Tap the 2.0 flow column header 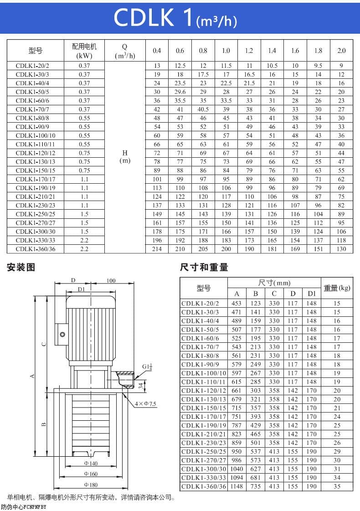pyautogui.click(x=341, y=51)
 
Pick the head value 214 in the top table pyautogui.click(x=157, y=249)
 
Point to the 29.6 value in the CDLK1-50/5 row pyautogui.click(x=180, y=92)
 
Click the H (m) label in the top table pyautogui.click(x=125, y=157)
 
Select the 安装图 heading pyautogui.click(x=21, y=268)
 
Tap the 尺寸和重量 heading pyautogui.click(x=204, y=268)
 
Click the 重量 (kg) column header pyautogui.click(x=337, y=288)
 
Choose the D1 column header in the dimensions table pyautogui.click(x=311, y=293)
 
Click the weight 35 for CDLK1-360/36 pyautogui.click(x=337, y=486)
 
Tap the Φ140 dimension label pyautogui.click(x=91, y=463)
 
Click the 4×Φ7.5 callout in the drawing pyautogui.click(x=145, y=404)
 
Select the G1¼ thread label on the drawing pyautogui.click(x=147, y=366)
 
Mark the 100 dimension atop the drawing pyautogui.click(x=111, y=281)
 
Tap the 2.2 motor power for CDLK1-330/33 pyautogui.click(x=84, y=240)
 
